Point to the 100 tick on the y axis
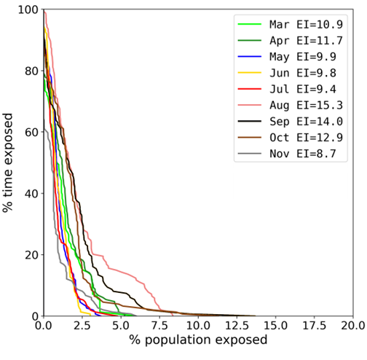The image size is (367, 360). [27, 10]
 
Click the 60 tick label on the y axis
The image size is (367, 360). [30, 133]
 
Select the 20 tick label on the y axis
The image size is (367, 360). [30, 255]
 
